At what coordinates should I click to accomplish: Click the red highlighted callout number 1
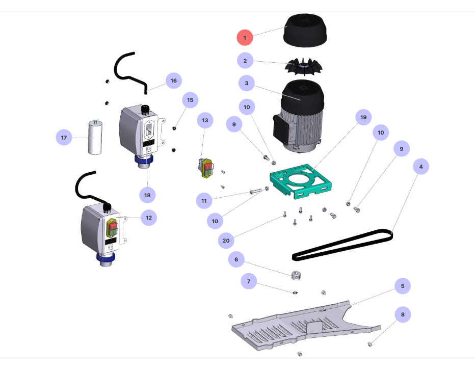[x=245, y=37]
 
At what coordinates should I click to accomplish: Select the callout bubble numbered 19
[x=363, y=117]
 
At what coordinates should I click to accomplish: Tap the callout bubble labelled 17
[x=64, y=138]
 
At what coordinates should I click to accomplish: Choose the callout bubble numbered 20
[x=227, y=240]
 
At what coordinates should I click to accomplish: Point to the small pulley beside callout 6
[x=295, y=276]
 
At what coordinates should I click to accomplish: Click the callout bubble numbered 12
[x=148, y=218]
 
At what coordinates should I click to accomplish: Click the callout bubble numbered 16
[x=173, y=81]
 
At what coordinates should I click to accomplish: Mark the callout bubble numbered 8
[x=402, y=314]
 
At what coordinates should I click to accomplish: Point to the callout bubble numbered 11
[x=204, y=201]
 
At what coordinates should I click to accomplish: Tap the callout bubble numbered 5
[x=402, y=286]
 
